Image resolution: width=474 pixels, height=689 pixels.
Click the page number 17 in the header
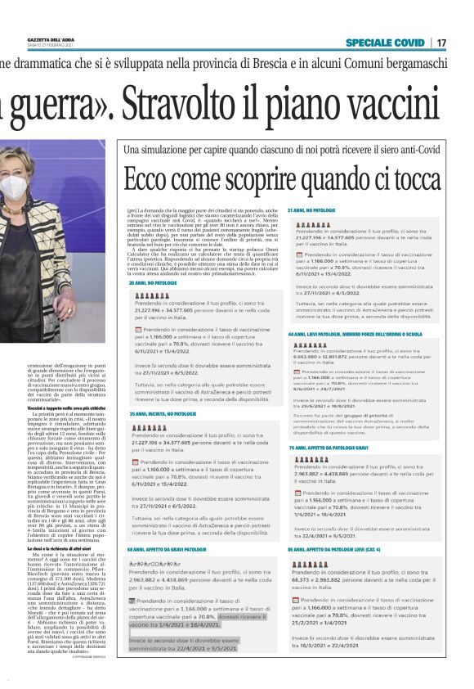click(x=442, y=42)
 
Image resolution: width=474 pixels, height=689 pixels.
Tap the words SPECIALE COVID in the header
click(x=385, y=42)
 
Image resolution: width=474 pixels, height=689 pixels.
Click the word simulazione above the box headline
click(x=168, y=151)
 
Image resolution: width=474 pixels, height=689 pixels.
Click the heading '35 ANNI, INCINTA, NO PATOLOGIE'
click(x=164, y=414)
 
